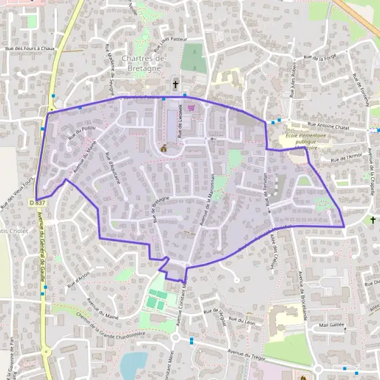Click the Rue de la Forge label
pyautogui.click(x=321, y=58)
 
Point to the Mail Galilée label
pyautogui.click(x=333, y=324)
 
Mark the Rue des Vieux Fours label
pyautogui.click(x=17, y=193)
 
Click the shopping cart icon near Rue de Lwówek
pyautogui.click(x=191, y=108)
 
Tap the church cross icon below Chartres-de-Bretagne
pyautogui.click(x=175, y=84)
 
